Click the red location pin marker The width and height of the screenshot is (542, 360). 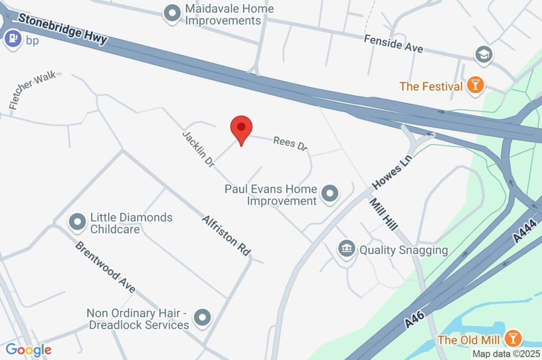click(241, 128)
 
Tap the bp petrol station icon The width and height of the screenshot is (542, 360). click(12, 39)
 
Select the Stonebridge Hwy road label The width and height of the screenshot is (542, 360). click(62, 29)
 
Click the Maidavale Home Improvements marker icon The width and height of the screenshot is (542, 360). click(171, 14)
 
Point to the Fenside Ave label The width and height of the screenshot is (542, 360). click(393, 44)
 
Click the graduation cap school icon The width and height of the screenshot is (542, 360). click(484, 54)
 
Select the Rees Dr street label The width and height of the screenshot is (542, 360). click(290, 143)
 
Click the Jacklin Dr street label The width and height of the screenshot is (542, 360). click(198, 150)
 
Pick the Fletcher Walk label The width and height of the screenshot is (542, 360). click(32, 91)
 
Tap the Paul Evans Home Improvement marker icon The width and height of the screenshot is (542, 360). click(330, 194)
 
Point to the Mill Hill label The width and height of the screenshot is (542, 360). click(383, 214)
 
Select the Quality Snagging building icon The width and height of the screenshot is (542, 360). click(347, 249)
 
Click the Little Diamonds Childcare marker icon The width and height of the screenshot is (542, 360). click(78, 223)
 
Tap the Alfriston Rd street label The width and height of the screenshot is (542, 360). click(226, 236)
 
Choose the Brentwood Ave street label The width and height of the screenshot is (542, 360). click(105, 267)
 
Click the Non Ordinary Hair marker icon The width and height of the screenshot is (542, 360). click(202, 318)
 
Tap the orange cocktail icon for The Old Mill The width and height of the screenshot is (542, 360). click(512, 338)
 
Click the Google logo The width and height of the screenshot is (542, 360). click(29, 349)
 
